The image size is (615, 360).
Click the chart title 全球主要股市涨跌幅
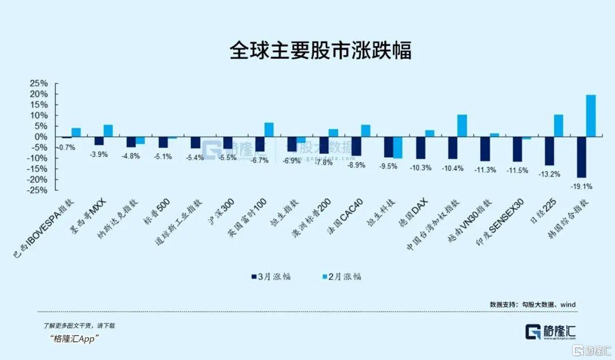(320, 51)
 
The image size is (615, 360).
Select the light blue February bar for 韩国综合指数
(591, 116)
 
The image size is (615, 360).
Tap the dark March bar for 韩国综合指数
(581, 157)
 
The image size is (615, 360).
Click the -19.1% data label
(583, 186)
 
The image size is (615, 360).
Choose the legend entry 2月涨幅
(342, 277)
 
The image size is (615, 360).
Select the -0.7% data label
(67, 148)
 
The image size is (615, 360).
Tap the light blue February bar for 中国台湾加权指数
(462, 126)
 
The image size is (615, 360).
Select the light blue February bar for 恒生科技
(397, 148)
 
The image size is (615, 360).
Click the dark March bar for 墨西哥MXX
(99, 141)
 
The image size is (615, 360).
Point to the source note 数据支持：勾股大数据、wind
(532, 305)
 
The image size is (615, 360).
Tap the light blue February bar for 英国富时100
(269, 130)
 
